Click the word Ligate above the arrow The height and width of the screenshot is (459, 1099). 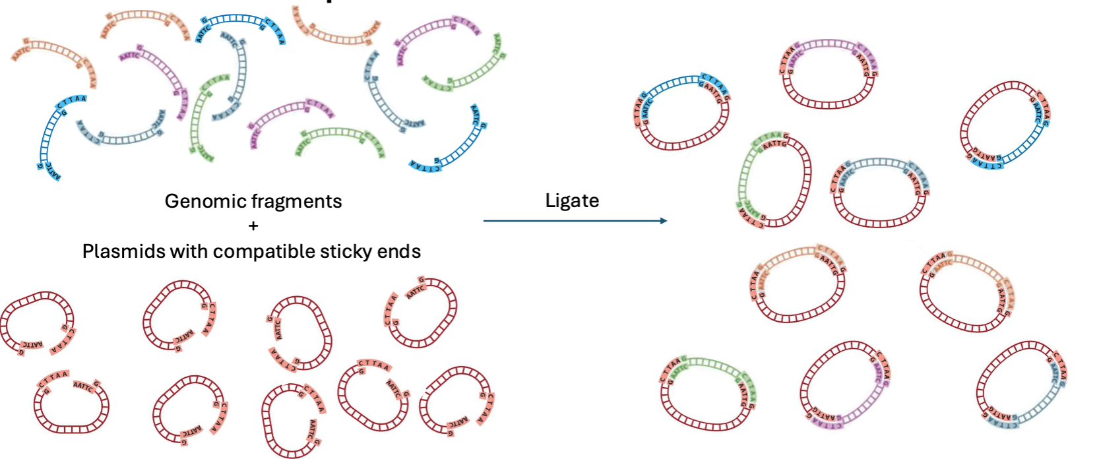[x=572, y=200]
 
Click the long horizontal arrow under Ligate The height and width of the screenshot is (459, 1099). [x=574, y=221]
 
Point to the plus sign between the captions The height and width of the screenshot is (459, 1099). [x=253, y=226]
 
